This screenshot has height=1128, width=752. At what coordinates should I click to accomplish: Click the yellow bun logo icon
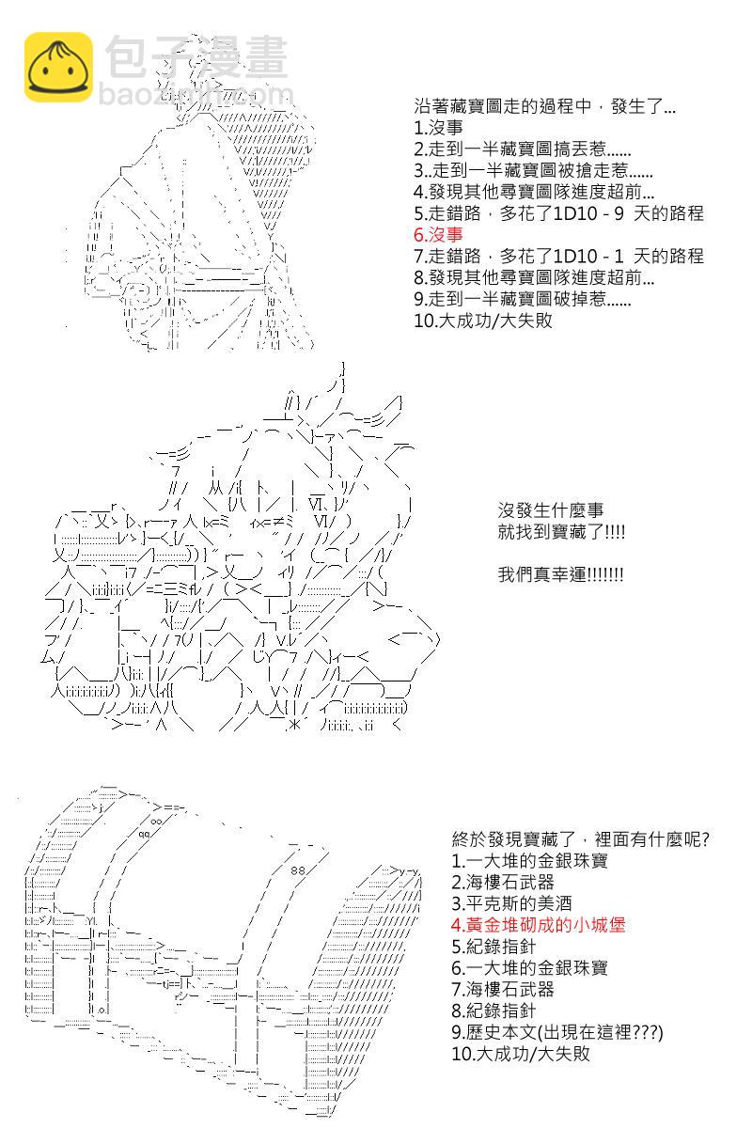58,67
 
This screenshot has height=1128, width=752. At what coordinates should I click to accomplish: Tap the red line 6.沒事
438,235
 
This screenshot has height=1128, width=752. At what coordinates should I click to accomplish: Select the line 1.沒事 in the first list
438,128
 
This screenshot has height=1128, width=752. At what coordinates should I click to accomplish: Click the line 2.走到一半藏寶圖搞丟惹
522,149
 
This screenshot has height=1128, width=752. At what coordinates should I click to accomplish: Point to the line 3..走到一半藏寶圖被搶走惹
533,171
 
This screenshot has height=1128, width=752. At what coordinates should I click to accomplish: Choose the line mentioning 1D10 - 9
558,213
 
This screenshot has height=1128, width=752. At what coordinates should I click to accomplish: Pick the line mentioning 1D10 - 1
558,257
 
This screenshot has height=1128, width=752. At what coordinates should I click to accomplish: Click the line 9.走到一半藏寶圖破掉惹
522,299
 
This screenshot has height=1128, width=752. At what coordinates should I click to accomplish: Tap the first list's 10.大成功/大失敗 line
482,321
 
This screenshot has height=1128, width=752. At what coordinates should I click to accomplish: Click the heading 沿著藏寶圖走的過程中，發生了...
544,106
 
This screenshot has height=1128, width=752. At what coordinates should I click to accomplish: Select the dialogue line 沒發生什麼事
551,510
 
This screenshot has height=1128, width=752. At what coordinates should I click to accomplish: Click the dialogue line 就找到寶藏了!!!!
561,532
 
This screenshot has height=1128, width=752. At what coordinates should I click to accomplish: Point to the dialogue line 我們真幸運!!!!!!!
560,574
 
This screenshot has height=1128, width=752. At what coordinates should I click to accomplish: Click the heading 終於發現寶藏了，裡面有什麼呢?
581,839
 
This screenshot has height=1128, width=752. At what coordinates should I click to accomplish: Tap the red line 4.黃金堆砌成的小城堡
539,925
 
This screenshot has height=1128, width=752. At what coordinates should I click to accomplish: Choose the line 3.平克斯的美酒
511,904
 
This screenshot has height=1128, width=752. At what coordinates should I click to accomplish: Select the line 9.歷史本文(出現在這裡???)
557,1032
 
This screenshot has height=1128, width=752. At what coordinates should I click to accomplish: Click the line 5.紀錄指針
493,947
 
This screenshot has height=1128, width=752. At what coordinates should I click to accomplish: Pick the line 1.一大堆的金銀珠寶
529,861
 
